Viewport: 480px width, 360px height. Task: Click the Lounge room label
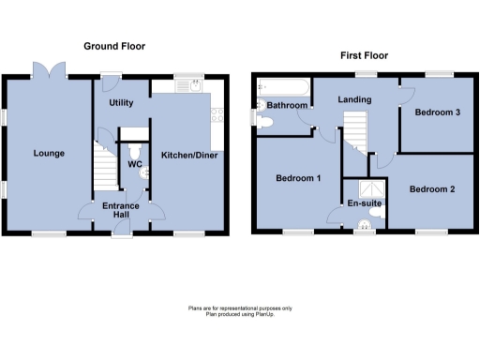[x=49, y=153]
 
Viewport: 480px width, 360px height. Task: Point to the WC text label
[x=134, y=164]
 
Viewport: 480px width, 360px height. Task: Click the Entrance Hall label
[x=122, y=211]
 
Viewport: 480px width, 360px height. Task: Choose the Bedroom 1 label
[x=298, y=177]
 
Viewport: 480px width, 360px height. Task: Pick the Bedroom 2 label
[x=432, y=189]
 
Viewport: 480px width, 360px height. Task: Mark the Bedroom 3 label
[x=438, y=112]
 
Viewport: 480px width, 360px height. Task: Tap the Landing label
[x=355, y=99]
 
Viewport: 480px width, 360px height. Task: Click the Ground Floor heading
[x=114, y=46]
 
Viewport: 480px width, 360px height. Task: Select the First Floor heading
[x=365, y=55]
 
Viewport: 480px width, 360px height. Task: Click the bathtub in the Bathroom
[x=285, y=89]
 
